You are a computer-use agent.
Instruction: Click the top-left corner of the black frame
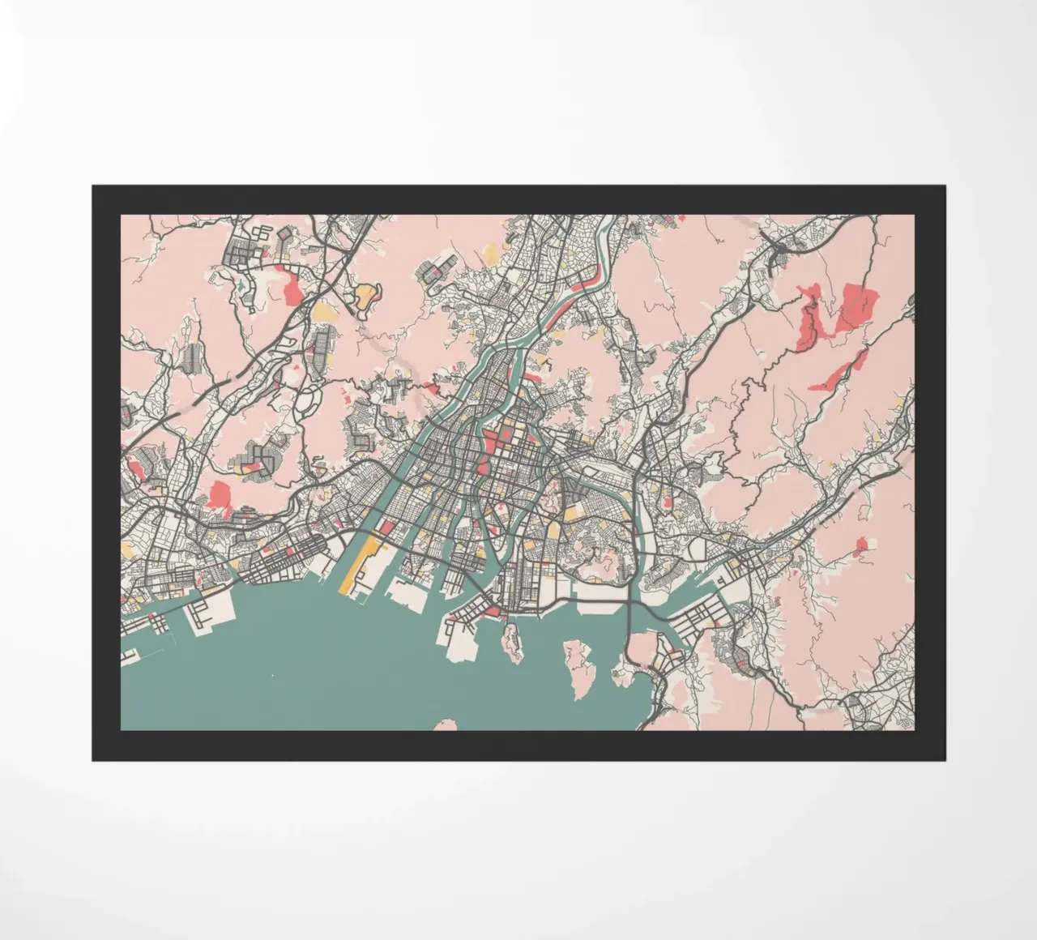92,186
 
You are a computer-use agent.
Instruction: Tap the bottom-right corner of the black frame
944,760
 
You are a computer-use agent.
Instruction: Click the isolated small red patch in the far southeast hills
861,547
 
